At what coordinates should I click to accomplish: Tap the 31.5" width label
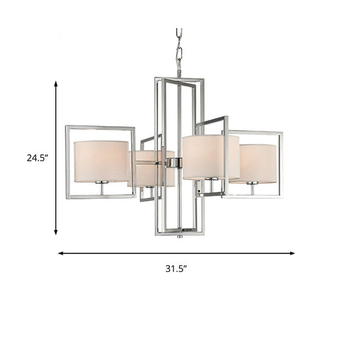click(177, 269)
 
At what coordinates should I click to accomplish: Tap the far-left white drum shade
click(101, 161)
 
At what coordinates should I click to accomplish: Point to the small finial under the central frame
click(179, 236)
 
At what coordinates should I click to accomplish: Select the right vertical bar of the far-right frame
click(282, 164)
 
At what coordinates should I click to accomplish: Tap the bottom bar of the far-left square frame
click(100, 197)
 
